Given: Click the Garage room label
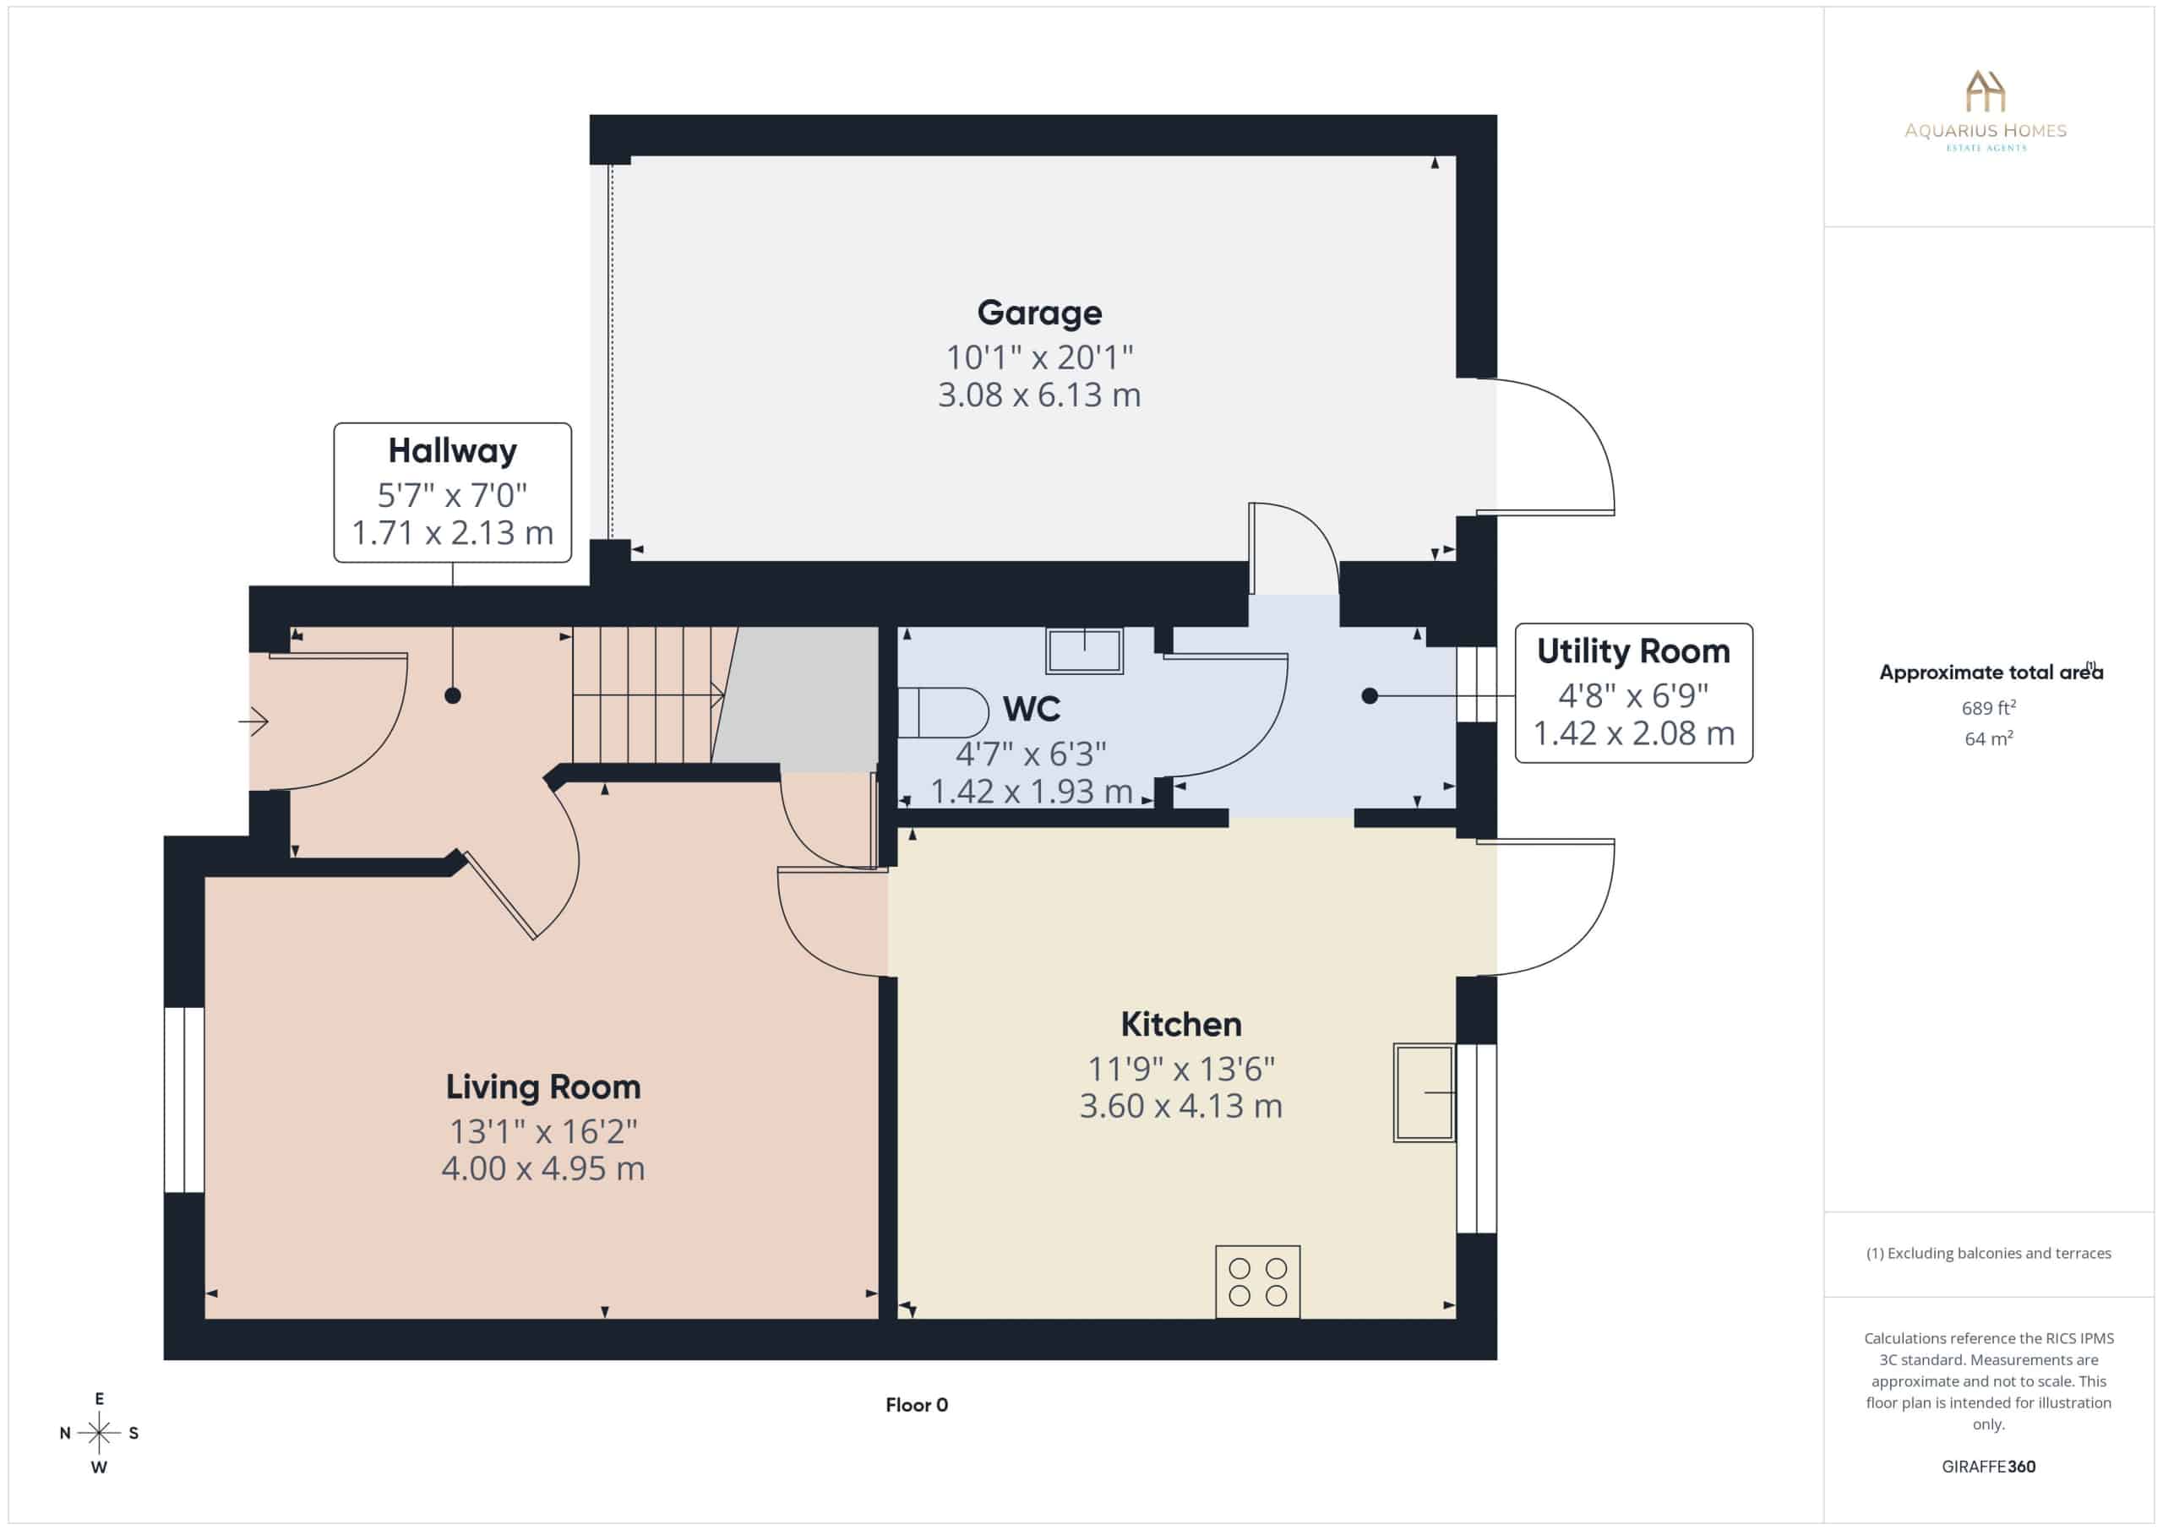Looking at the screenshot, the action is pos(1039,313).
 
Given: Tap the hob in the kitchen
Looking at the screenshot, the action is pos(1258,1282).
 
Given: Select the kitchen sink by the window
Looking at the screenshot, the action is pos(1425,1093).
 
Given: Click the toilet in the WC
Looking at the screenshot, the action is pos(942,712).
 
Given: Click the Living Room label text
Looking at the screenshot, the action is pos(543,1087).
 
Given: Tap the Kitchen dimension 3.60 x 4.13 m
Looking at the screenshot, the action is pos(1181,1106).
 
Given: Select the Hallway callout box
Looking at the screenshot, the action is pos(452,493).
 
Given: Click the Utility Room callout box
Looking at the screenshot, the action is pos(1633,693).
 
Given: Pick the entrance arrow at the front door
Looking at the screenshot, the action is pos(253,722).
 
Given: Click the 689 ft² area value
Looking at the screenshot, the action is pos(1989,707).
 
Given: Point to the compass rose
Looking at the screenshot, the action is pos(99,1433).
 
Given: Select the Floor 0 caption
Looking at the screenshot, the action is pos(917,1405).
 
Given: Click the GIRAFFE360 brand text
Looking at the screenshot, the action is pos(1989,1467).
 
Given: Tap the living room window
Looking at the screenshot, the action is pos(185,1100).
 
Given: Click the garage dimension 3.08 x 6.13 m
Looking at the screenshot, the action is pos(1039,395).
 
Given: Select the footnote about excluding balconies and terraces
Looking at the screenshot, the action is pos(1989,1253).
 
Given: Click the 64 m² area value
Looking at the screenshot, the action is pos(1989,738).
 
